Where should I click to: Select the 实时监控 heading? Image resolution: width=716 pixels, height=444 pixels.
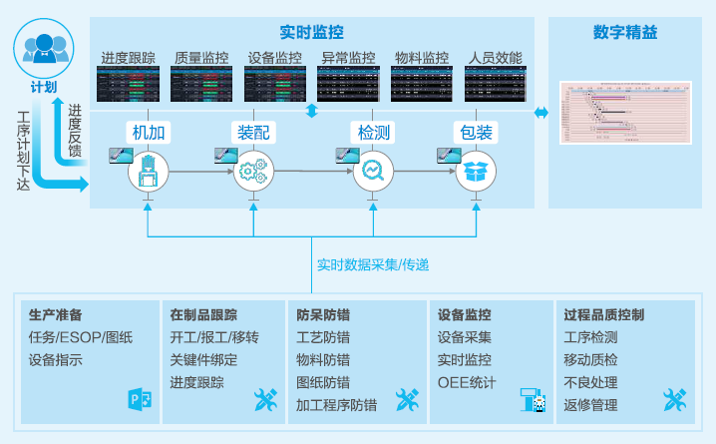coord(312,32)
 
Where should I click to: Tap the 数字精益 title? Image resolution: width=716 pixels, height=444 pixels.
coord(625,32)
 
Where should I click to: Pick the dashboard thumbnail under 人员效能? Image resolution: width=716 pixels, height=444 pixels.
coord(493,86)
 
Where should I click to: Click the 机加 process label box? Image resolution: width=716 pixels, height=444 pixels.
coord(148,132)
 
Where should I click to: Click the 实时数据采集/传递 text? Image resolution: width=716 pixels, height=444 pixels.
coord(373,264)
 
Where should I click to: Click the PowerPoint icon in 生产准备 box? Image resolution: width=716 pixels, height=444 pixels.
coord(139,400)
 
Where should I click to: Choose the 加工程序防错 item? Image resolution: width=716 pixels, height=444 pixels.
coord(336,406)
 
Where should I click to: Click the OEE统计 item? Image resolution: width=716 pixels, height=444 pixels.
coord(467,383)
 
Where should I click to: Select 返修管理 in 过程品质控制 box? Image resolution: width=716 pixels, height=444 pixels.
coord(590,406)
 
